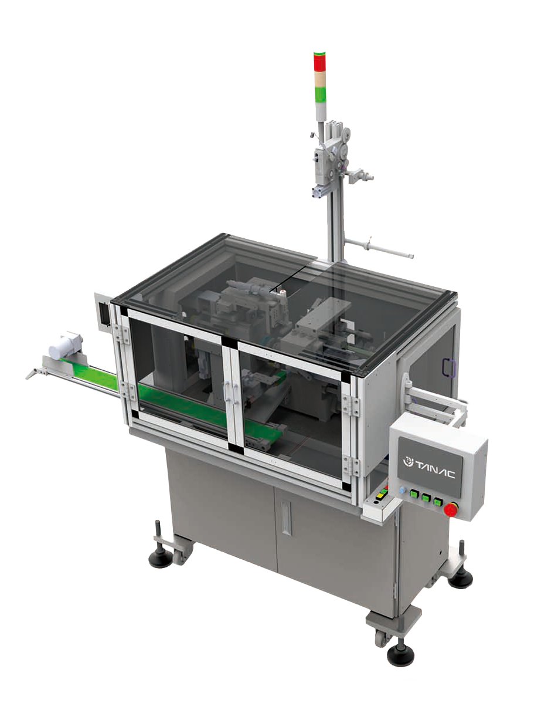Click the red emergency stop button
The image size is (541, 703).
(450, 509)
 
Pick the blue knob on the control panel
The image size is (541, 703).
(402, 491)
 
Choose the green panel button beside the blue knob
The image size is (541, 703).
(413, 494)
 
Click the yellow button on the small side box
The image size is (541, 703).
(382, 495)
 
